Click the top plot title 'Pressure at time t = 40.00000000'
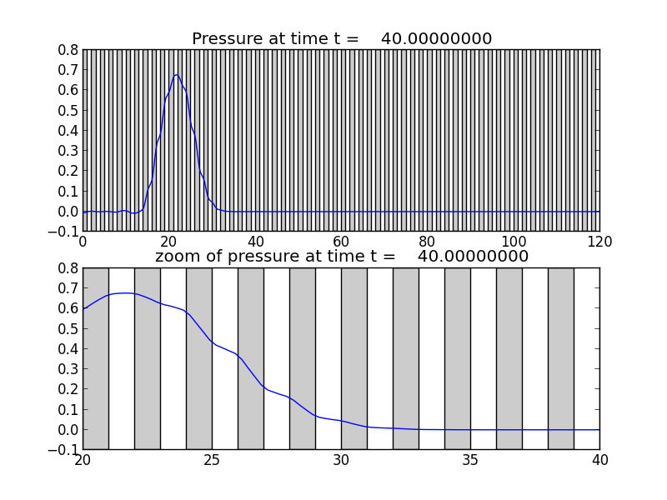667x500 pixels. coord(342,39)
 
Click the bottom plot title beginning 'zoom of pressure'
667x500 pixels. coord(342,257)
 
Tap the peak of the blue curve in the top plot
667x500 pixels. coord(176,75)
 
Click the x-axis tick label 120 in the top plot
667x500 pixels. coord(599,241)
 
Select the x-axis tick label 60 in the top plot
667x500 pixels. coord(341,241)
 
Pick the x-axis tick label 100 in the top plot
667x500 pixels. coord(513,241)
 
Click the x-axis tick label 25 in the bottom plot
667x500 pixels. coord(212,459)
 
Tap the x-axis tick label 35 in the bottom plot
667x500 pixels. coord(470,459)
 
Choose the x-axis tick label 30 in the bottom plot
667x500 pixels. coord(341,459)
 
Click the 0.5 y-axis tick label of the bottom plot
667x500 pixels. coord(68,327)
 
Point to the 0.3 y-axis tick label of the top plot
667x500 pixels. coord(68,151)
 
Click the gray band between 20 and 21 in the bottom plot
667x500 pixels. coord(95,358)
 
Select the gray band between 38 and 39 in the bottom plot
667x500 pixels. coord(560,358)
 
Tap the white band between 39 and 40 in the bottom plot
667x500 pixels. coord(586,358)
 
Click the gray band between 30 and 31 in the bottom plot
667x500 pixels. coord(354,358)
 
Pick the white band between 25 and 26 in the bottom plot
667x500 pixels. coord(224,358)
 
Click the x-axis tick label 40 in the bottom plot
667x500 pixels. coord(599,459)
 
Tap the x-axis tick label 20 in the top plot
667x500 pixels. coord(168,241)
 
